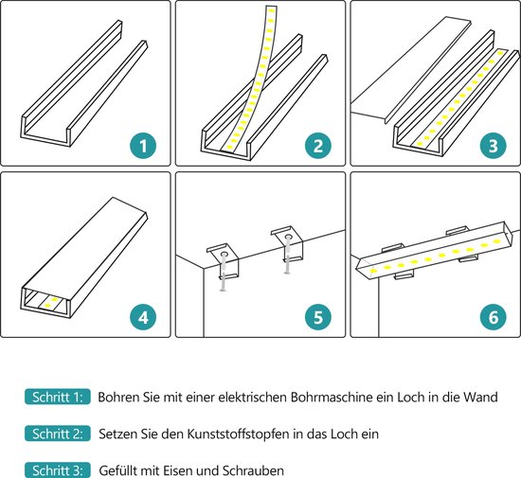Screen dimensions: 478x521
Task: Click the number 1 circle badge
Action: point(143,146)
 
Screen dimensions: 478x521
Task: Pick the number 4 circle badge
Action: point(143,316)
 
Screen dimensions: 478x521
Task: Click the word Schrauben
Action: point(254,469)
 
